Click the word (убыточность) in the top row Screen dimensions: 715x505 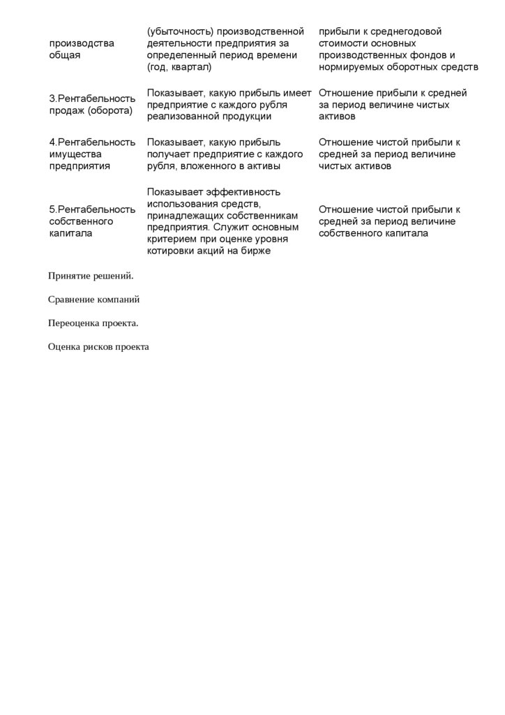(x=180, y=31)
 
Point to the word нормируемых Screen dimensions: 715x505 (x=352, y=67)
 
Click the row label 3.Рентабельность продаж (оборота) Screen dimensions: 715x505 (x=92, y=105)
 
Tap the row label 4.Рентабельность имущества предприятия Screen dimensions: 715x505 (x=92, y=154)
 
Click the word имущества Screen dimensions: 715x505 (x=75, y=154)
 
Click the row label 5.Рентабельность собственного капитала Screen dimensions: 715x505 (x=92, y=221)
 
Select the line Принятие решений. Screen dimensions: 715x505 (x=91, y=276)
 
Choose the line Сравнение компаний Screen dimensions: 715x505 (x=93, y=300)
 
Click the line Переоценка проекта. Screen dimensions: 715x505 (x=93, y=323)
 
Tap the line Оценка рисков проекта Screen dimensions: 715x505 (x=98, y=347)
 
